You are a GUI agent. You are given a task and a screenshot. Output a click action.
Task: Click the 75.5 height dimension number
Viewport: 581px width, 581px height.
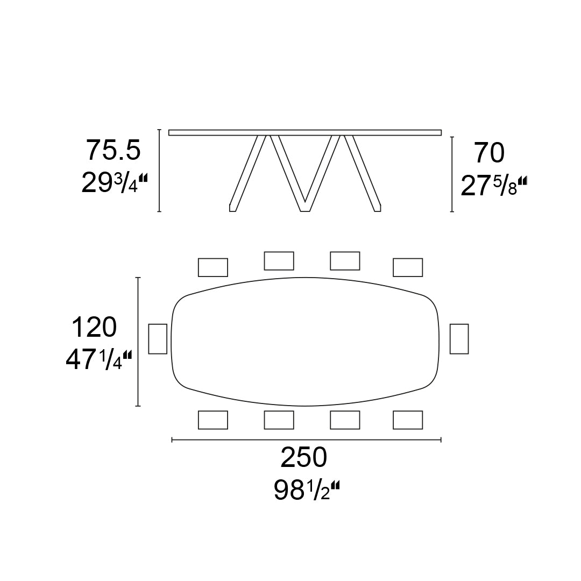[114, 150]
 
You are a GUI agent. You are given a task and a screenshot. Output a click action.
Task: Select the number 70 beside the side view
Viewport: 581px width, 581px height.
[490, 153]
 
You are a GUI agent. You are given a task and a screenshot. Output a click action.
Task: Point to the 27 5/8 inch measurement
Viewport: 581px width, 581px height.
[493, 186]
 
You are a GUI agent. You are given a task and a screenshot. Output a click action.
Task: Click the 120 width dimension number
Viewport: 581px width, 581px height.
[94, 327]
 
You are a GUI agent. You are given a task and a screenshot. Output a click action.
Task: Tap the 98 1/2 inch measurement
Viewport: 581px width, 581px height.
[307, 490]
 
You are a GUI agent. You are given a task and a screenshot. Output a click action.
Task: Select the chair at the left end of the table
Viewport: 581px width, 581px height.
[158, 339]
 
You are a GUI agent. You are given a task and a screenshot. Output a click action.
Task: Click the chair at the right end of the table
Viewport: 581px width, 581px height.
[459, 339]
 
